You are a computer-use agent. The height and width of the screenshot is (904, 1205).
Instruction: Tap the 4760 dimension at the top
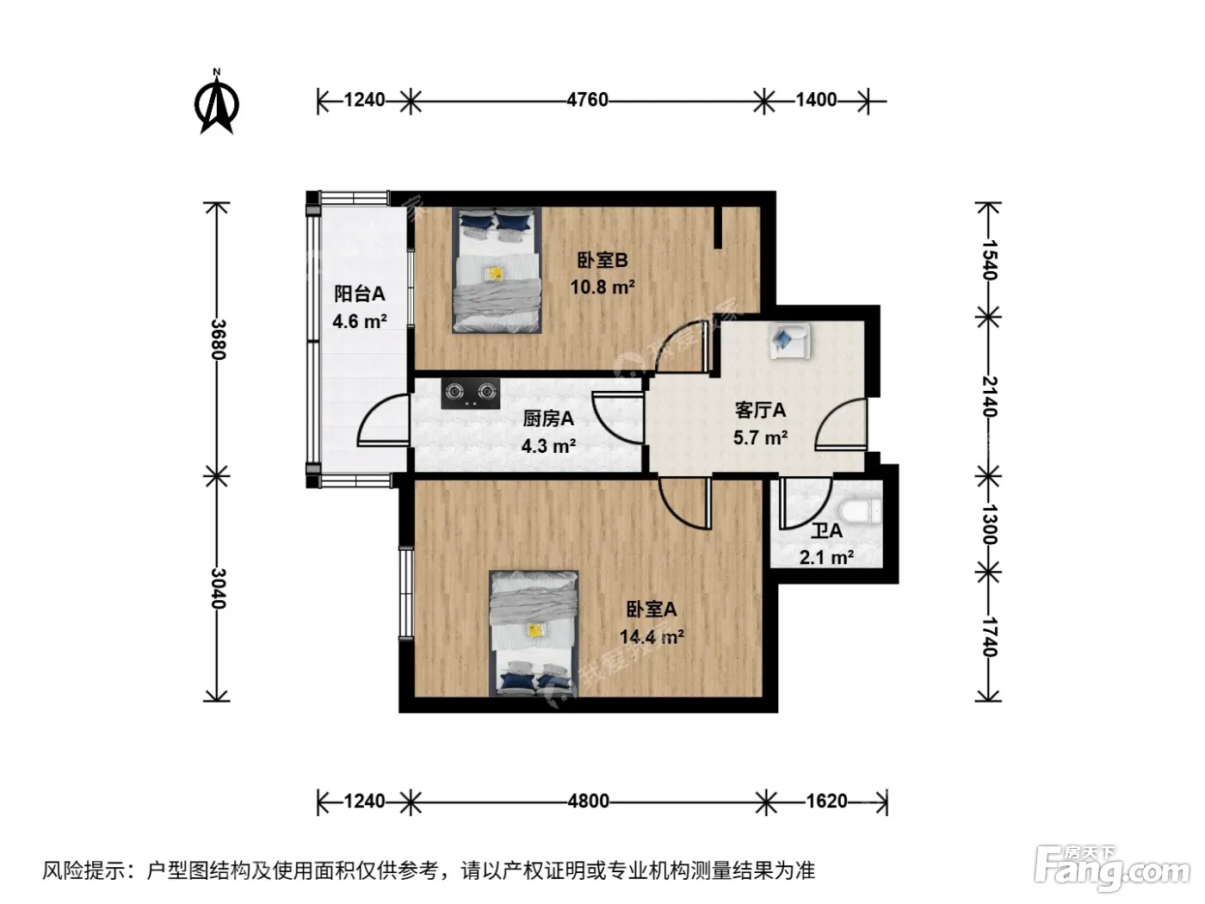click(587, 100)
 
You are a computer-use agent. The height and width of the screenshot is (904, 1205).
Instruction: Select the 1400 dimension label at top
click(816, 100)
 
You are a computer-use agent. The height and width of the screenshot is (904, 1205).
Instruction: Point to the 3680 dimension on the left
click(218, 339)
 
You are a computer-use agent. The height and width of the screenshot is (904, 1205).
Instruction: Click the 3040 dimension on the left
click(218, 588)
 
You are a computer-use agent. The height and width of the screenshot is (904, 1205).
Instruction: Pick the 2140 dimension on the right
click(989, 396)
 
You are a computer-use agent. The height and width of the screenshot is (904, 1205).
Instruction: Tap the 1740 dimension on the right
click(989, 637)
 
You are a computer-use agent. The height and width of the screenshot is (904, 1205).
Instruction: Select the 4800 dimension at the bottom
click(589, 802)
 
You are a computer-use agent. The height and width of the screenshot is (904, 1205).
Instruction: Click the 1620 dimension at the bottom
click(827, 802)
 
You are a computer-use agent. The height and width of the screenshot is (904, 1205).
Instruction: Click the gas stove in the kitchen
click(471, 393)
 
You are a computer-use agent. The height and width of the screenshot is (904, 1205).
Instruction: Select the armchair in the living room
click(789, 341)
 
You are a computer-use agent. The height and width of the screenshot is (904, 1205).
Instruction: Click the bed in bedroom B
click(497, 270)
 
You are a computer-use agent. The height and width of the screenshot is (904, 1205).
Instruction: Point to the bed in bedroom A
click(534, 634)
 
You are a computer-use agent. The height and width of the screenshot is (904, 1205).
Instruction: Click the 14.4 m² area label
click(652, 637)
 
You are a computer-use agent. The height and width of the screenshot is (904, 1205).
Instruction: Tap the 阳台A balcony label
click(360, 294)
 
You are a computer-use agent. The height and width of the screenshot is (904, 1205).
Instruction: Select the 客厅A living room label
click(760, 410)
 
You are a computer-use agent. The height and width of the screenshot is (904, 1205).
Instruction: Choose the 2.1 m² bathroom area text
click(826, 558)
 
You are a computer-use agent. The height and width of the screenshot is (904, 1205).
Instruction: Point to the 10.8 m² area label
click(602, 287)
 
